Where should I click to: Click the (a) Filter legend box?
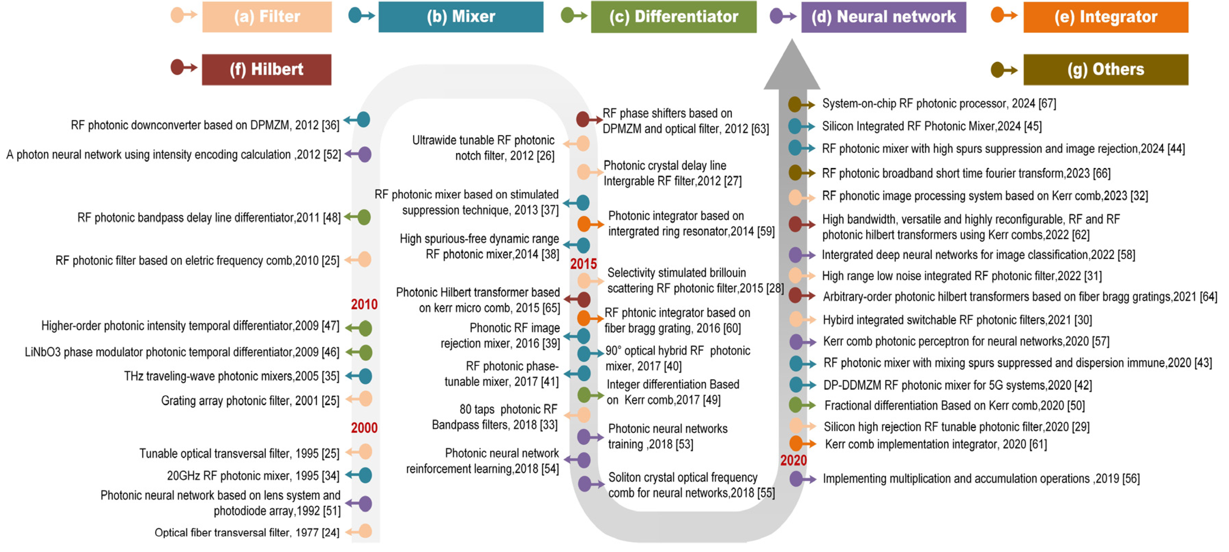click(x=267, y=17)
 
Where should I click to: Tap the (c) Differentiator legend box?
click(x=673, y=17)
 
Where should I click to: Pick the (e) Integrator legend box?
click(x=1105, y=17)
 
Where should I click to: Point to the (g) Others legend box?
click(x=1105, y=70)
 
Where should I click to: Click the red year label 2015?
click(x=583, y=264)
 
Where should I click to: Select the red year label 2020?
click(x=793, y=460)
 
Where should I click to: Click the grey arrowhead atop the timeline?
click(x=792, y=67)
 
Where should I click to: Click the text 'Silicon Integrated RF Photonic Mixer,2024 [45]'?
click(x=931, y=126)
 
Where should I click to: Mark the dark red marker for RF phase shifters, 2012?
click(x=583, y=119)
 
